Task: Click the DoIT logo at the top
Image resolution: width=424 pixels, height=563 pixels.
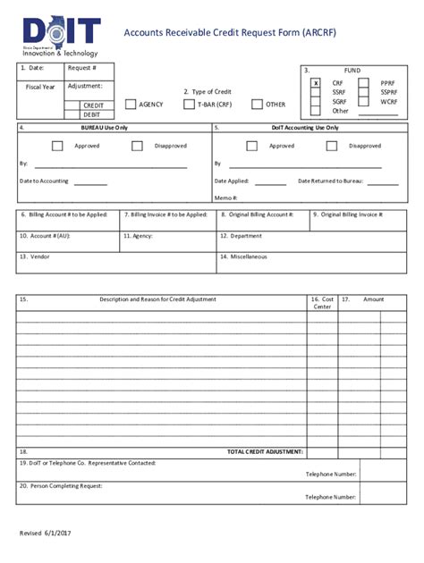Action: point(62,37)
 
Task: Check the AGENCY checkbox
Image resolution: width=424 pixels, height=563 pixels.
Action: point(131,105)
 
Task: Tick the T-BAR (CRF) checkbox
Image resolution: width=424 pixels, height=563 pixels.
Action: point(189,105)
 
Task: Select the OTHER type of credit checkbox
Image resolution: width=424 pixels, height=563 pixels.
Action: point(257,105)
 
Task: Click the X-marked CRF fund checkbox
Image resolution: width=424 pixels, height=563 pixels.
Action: point(315,82)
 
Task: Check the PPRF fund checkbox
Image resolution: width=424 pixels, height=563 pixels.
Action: point(363,82)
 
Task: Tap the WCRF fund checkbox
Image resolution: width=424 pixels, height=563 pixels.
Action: point(363,102)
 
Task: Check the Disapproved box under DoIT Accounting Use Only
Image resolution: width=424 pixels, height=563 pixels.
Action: point(334,146)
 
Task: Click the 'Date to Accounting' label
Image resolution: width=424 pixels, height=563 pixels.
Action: point(44,181)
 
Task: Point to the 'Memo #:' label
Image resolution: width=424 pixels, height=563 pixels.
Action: point(225,197)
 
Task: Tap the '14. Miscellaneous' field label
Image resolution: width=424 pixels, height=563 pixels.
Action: point(243,256)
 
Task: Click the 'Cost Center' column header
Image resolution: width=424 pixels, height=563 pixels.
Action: point(322,303)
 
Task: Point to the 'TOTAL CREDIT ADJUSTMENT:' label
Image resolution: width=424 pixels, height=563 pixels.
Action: point(266,452)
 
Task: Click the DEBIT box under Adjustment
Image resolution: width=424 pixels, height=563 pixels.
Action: point(92,114)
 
